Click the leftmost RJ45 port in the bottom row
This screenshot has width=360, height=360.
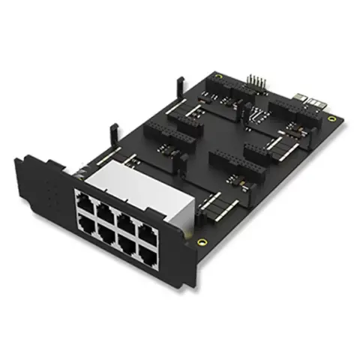[x=84, y=224]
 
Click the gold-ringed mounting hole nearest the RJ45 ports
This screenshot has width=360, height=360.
[x=200, y=242]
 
